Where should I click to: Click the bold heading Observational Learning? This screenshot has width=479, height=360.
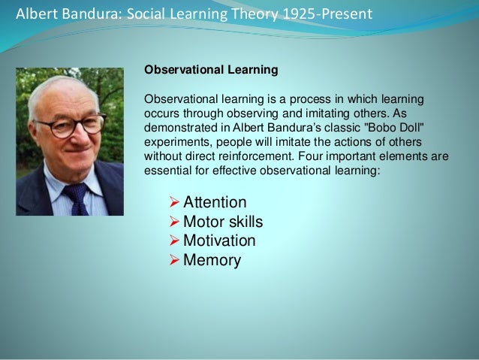[211, 70]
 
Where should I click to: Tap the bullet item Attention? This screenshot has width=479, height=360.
[215, 202]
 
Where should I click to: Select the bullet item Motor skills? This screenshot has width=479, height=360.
[223, 222]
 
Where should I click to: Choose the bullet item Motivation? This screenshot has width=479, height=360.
[219, 241]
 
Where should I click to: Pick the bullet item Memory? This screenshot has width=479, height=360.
[212, 261]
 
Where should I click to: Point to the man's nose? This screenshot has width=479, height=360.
[73, 141]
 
